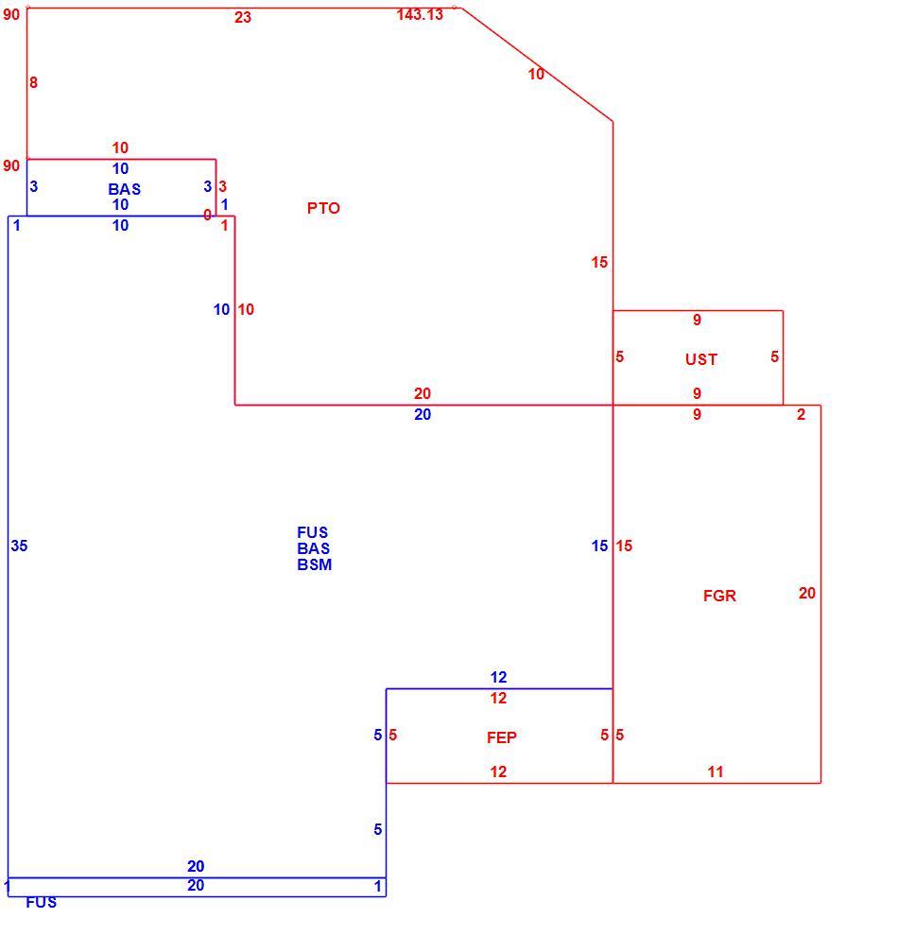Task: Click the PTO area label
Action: pyautogui.click(x=323, y=208)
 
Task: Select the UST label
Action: pyautogui.click(x=701, y=359)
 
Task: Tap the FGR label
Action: pyautogui.click(x=719, y=596)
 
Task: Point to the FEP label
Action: pyautogui.click(x=502, y=737)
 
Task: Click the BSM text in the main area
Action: pyautogui.click(x=315, y=564)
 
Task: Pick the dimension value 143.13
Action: pyautogui.click(x=420, y=14)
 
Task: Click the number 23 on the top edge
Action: pyautogui.click(x=243, y=17)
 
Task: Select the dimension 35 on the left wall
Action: pyautogui.click(x=19, y=546)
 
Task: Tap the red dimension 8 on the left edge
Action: pyautogui.click(x=33, y=82)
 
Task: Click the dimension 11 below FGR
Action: pyautogui.click(x=716, y=771)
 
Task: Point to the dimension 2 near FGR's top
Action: pyautogui.click(x=802, y=414)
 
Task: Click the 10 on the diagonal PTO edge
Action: pyautogui.click(x=536, y=74)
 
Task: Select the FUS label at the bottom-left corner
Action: pyautogui.click(x=42, y=903)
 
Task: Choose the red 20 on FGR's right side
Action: pyautogui.click(x=807, y=594)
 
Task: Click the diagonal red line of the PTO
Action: pyautogui.click(x=537, y=64)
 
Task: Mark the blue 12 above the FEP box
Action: pyautogui.click(x=499, y=678)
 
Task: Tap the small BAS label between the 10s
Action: pyautogui.click(x=125, y=189)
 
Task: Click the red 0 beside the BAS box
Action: pyautogui.click(x=207, y=215)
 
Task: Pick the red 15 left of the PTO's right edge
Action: pyautogui.click(x=599, y=262)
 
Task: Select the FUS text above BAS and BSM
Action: pyautogui.click(x=313, y=532)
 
